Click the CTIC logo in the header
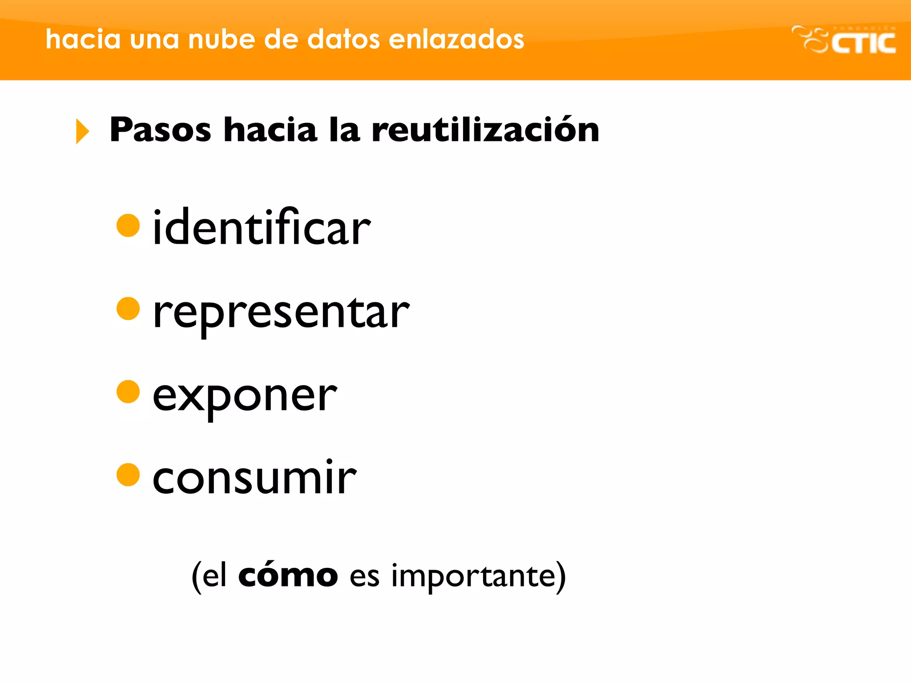pyautogui.click(x=844, y=40)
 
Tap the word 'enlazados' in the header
pyautogui.click(x=456, y=39)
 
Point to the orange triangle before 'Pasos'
pyautogui.click(x=82, y=131)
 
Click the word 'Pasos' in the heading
pyautogui.click(x=160, y=130)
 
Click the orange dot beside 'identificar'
pyautogui.click(x=128, y=225)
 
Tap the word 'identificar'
pyautogui.click(x=262, y=228)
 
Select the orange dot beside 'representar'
pyautogui.click(x=128, y=309)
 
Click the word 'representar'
pyautogui.click(x=281, y=313)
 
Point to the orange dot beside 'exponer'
pyautogui.click(x=128, y=392)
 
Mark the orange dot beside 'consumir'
pyautogui.click(x=128, y=475)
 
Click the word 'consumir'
pyautogui.click(x=254, y=478)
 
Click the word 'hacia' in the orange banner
pyautogui.click(x=83, y=39)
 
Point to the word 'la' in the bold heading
pyautogui.click(x=344, y=130)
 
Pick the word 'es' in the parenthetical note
pyautogui.click(x=364, y=577)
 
